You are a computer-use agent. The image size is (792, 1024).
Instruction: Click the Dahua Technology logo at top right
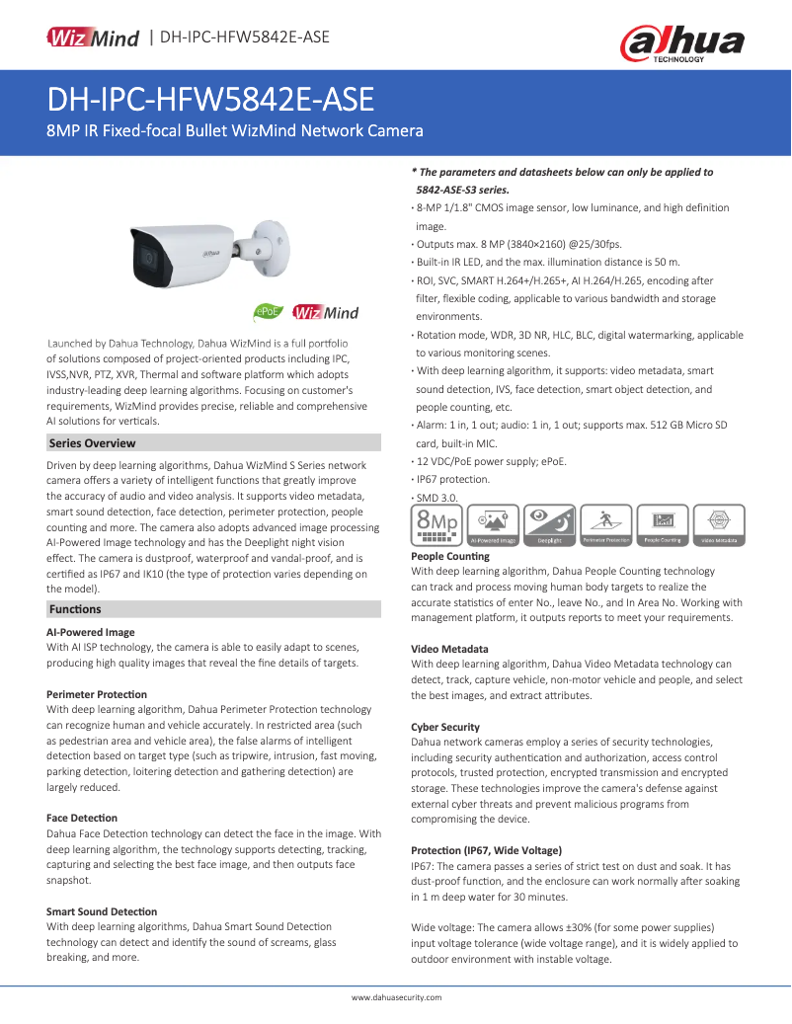[681, 43]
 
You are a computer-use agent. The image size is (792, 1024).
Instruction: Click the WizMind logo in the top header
[92, 39]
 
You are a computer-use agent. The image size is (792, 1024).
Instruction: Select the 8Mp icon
[436, 525]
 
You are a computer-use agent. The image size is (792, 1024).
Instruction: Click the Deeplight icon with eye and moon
[549, 525]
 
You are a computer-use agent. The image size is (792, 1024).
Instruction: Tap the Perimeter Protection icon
[605, 525]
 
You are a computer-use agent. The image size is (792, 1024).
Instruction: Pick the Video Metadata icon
[719, 525]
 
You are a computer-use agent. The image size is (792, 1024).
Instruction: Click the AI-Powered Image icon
[493, 525]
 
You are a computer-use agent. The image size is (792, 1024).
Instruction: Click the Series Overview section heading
[93, 443]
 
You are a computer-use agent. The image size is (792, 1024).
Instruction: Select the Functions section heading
[75, 609]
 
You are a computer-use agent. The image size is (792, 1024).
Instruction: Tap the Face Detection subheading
[82, 818]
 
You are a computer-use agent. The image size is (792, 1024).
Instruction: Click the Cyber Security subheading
[445, 727]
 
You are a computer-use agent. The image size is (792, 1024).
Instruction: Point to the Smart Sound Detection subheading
[102, 911]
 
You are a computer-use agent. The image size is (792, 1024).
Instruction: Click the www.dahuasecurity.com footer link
[396, 997]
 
